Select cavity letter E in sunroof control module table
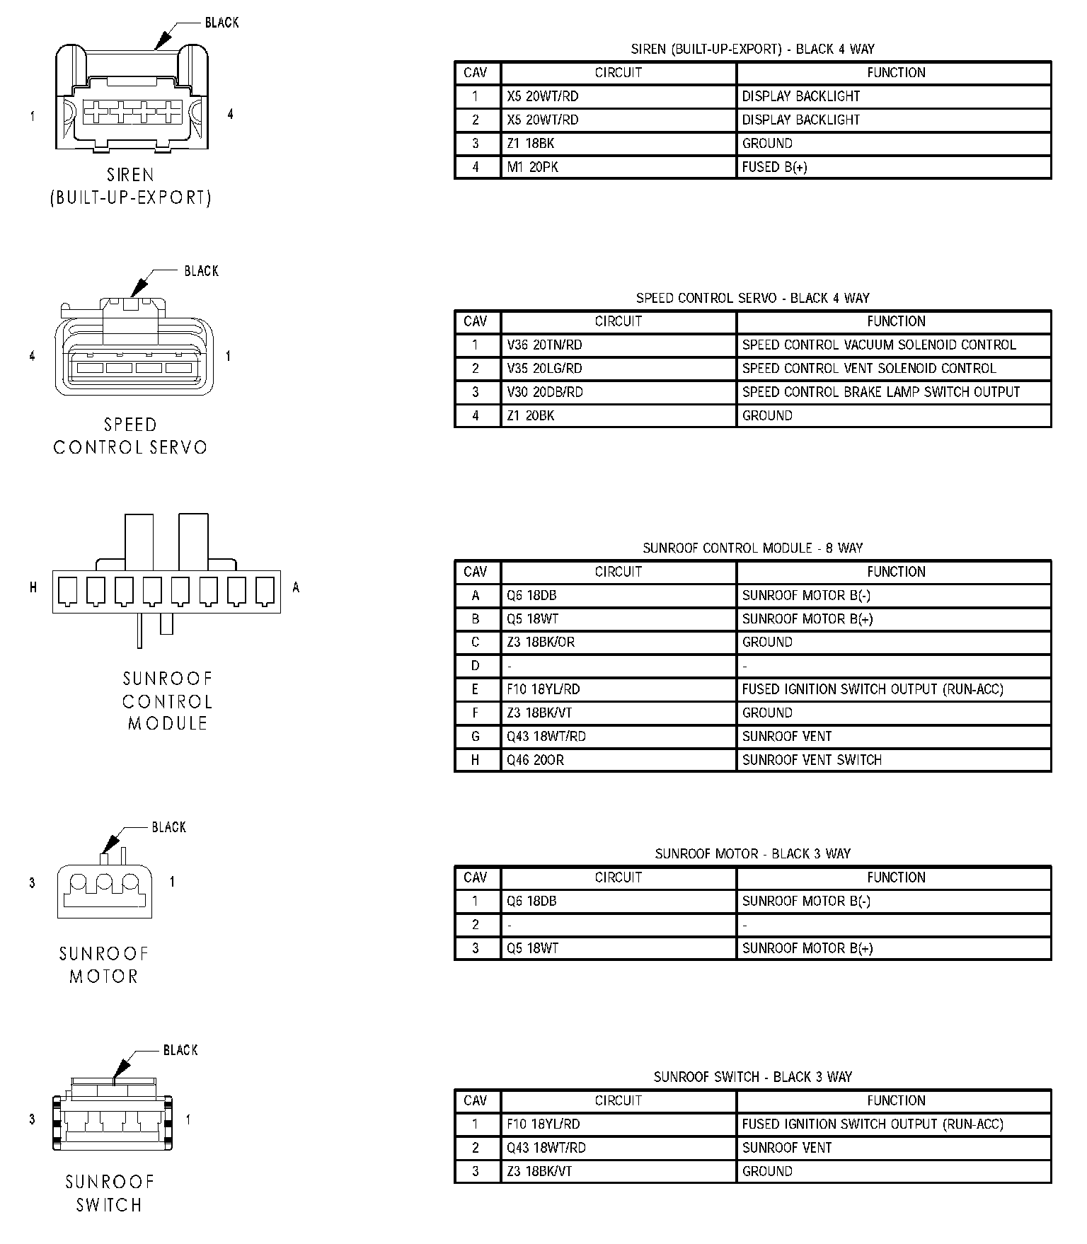(x=476, y=689)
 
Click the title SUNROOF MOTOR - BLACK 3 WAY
(x=752, y=853)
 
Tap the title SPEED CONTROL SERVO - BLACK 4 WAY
(x=752, y=298)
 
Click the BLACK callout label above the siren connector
(x=222, y=23)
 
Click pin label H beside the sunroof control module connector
(x=33, y=587)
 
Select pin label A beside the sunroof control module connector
(x=296, y=587)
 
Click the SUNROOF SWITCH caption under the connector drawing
(x=109, y=1193)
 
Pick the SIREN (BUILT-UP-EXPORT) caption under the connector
(x=130, y=186)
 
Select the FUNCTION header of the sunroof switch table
(x=896, y=1100)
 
